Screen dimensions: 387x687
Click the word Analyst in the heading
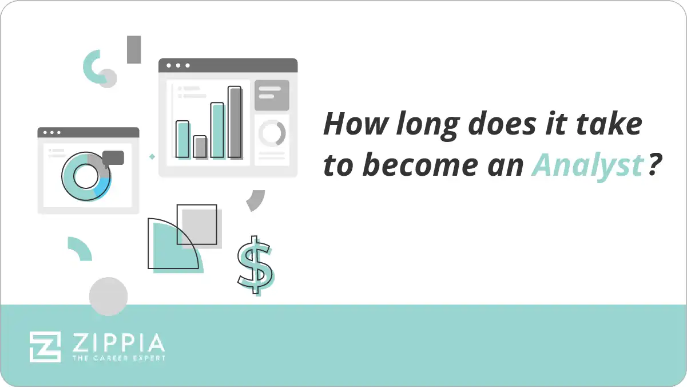tap(587, 166)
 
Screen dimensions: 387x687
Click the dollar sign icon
tap(255, 265)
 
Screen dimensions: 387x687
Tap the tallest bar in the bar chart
tap(235, 122)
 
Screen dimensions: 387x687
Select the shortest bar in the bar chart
tap(200, 147)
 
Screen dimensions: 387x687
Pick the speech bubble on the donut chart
tap(113, 157)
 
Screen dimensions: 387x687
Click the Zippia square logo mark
tap(45, 346)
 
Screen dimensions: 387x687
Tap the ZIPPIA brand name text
tap(118, 343)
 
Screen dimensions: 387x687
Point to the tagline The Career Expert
tap(118, 358)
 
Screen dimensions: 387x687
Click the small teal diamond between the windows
tap(152, 156)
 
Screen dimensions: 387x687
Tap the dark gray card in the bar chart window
tap(272, 95)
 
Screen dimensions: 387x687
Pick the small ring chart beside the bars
tap(272, 133)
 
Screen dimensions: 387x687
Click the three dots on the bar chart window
tap(177, 65)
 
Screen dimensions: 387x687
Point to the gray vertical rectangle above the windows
tap(134, 49)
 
